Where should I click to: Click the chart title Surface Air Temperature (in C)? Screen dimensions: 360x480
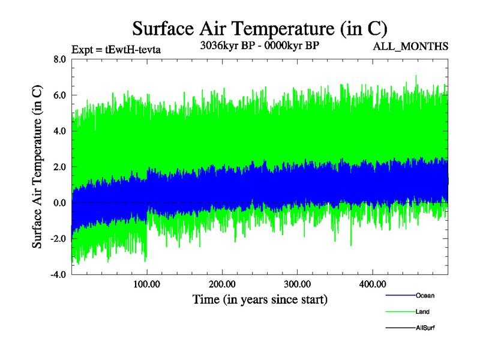[259, 29]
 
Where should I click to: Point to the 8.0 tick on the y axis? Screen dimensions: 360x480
[59, 59]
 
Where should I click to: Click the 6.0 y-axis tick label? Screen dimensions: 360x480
[59, 95]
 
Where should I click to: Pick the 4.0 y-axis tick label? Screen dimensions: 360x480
[59, 131]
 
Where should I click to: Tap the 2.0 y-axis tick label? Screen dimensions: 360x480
[59, 167]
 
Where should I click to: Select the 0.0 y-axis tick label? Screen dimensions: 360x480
[59, 203]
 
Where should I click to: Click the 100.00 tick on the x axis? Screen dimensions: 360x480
[146, 284]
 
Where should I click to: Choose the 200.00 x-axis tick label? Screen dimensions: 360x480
[222, 284]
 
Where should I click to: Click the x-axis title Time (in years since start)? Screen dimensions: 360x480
[259, 299]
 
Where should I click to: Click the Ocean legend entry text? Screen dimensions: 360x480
[425, 296]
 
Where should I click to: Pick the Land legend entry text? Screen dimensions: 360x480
[422, 312]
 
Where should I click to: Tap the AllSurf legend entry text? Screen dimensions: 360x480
[425, 328]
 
